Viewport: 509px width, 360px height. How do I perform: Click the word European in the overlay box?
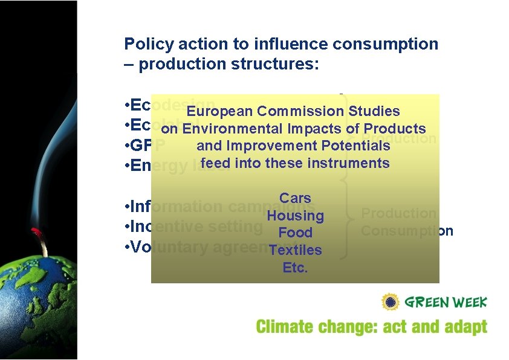[219, 111]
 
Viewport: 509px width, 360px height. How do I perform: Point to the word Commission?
[300, 111]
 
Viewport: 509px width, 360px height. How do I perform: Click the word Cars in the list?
[295, 198]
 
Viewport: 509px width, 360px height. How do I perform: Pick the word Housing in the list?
[295, 216]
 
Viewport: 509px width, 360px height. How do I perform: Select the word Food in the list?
[295, 233]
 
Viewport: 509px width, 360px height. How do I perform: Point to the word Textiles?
[295, 250]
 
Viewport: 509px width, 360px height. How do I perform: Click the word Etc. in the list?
[295, 268]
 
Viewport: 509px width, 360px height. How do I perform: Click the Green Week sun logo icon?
[391, 301]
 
